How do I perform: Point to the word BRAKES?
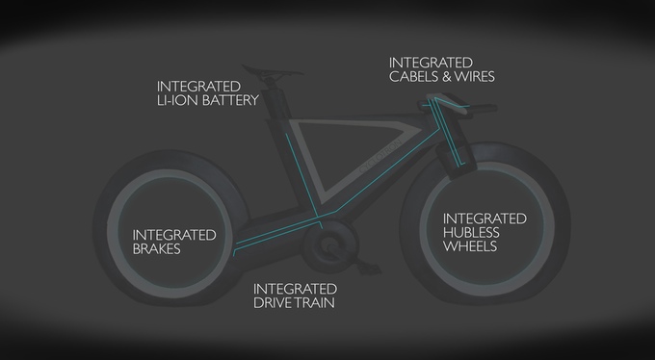pos(157,249)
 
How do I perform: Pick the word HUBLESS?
pos(471,232)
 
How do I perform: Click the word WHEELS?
pos(470,246)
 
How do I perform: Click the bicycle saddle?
pos(272,71)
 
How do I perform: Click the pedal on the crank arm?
pos(370,268)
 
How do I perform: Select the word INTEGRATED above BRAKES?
pos(174,235)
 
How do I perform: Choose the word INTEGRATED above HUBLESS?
pos(485,219)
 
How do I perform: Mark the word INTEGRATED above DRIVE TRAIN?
pos(295,289)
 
